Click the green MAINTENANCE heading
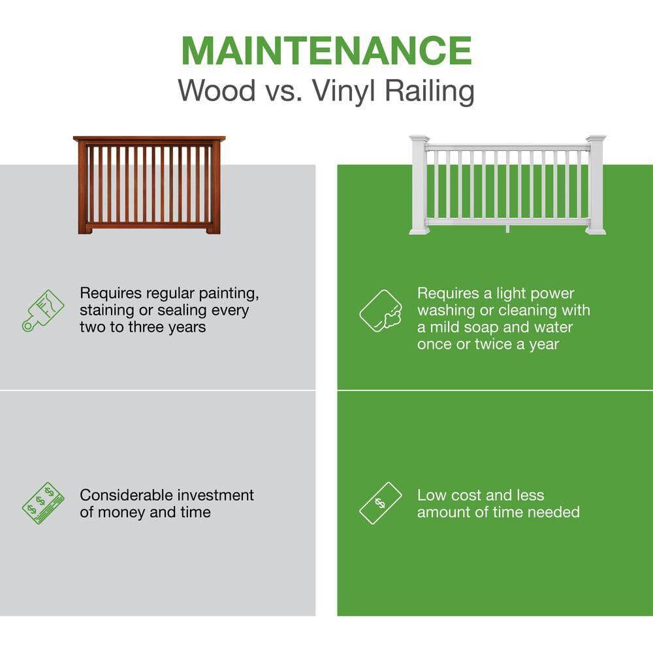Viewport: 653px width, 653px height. coord(326,50)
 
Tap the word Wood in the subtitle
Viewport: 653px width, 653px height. coord(217,90)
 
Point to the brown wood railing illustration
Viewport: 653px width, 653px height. coord(149,185)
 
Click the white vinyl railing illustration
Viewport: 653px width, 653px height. coord(507,185)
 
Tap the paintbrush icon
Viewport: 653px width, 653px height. coord(43,311)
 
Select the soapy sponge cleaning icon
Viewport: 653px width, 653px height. coord(381,311)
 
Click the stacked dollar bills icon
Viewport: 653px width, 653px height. coord(43,503)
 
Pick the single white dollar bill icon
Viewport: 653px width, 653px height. coord(380,503)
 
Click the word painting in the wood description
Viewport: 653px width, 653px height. coord(229,294)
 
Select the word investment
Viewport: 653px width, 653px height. coord(215,495)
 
